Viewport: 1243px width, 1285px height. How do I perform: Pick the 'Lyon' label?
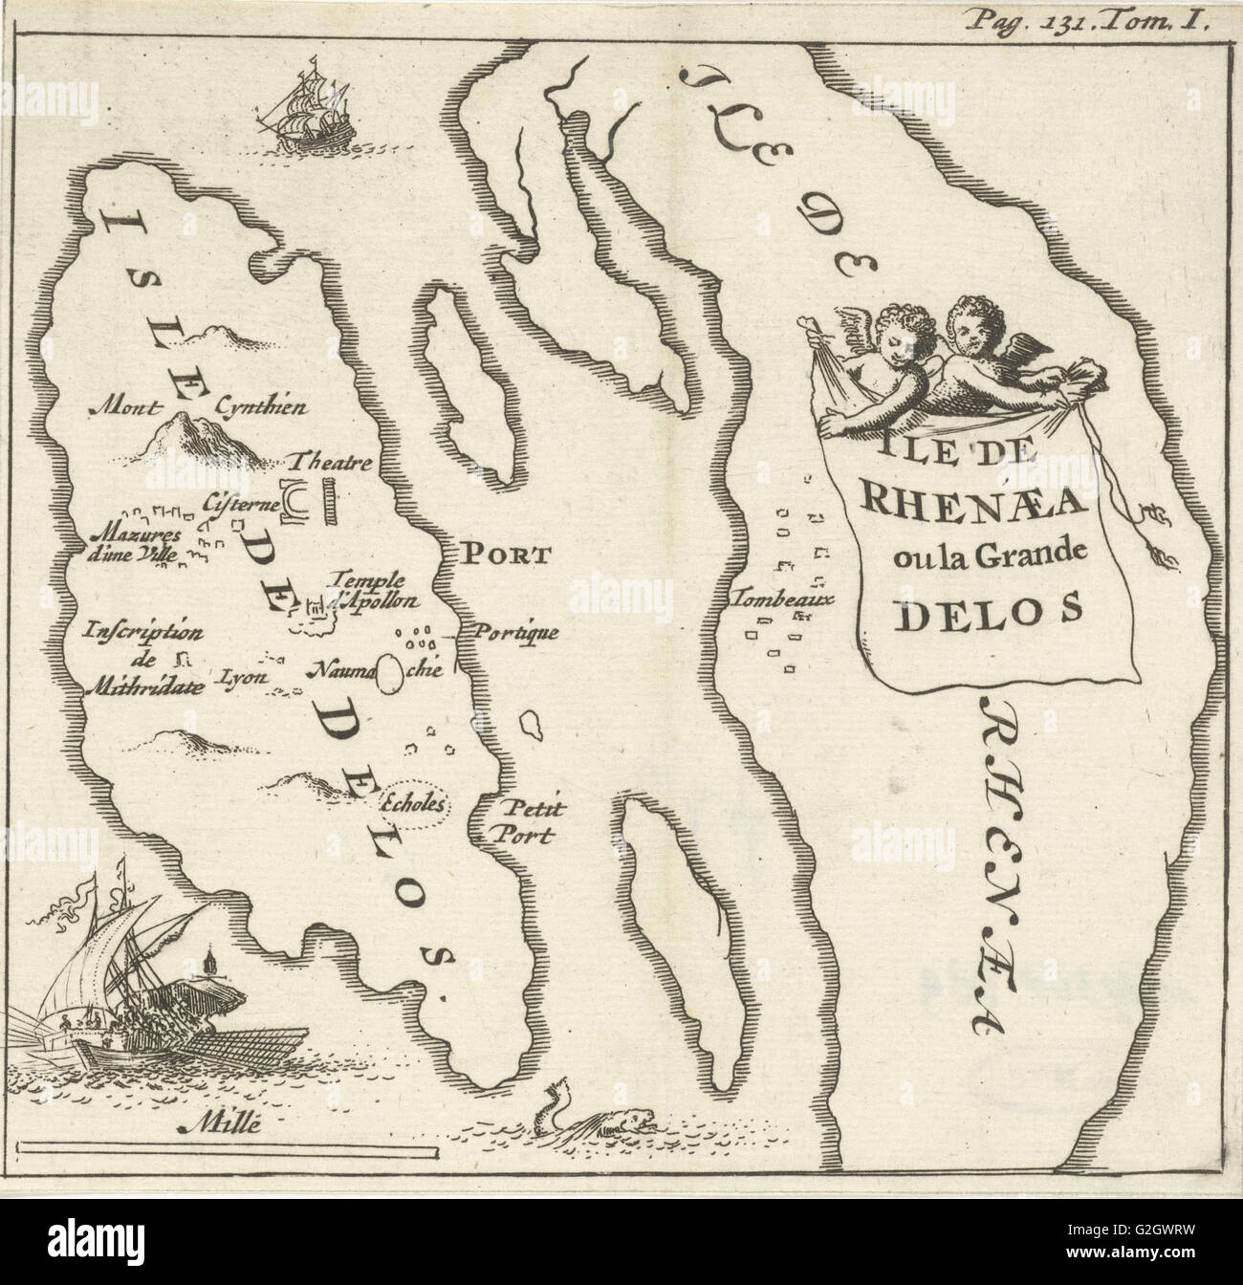pyautogui.click(x=242, y=676)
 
